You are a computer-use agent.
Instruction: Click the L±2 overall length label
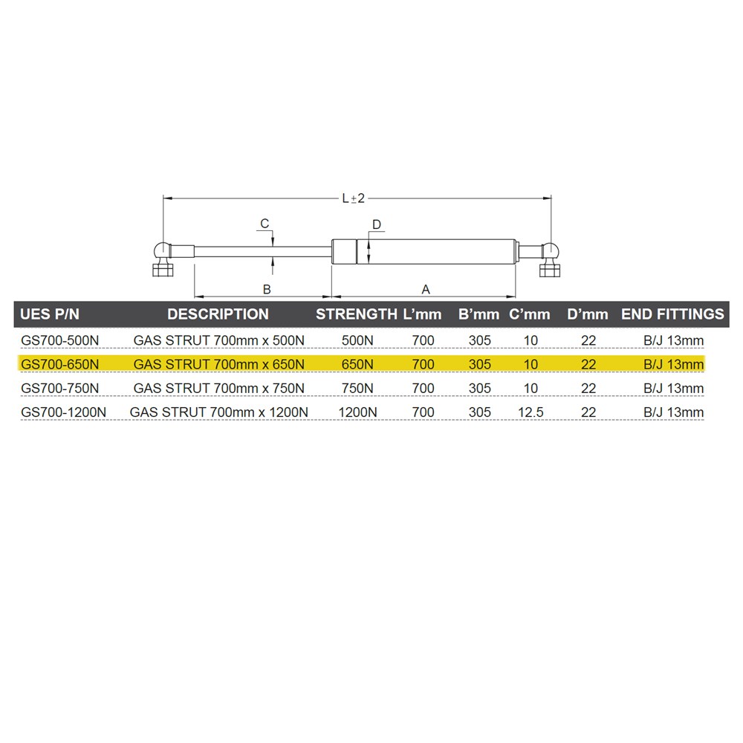[354, 198]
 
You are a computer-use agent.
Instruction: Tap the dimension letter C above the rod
[265, 223]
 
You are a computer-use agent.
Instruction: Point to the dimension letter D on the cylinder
[377, 224]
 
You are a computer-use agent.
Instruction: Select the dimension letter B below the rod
[267, 289]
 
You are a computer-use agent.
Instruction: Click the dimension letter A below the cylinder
[426, 289]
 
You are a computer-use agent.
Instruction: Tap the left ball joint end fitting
[163, 259]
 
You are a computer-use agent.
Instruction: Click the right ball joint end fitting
[550, 259]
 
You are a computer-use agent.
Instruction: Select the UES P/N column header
[50, 314]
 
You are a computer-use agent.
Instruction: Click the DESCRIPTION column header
[218, 314]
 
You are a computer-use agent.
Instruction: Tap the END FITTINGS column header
[672, 314]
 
